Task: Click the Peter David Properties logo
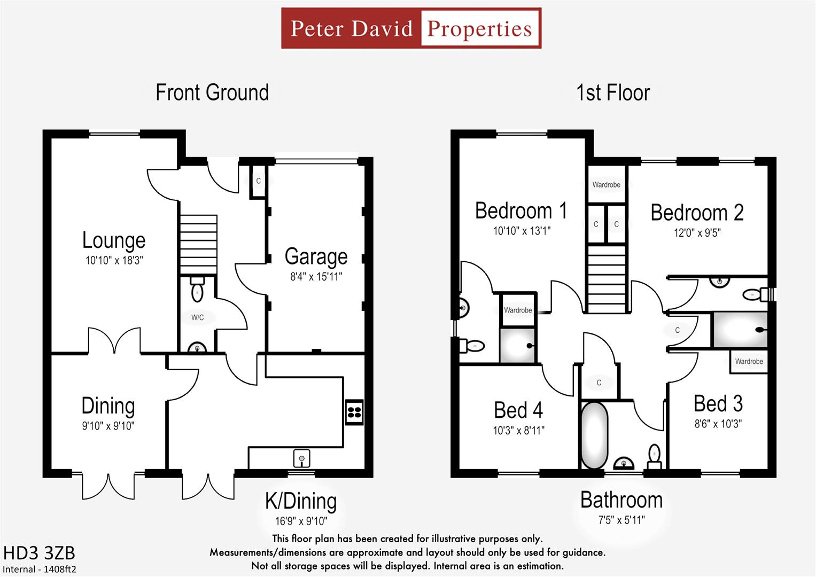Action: click(411, 28)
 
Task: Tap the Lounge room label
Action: click(114, 240)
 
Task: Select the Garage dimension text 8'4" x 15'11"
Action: click(316, 277)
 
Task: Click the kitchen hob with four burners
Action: click(354, 412)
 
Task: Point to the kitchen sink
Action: click(302, 458)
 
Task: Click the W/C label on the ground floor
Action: click(198, 317)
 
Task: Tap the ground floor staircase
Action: click(198, 244)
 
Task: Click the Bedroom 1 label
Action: click(521, 211)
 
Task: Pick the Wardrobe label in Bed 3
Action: click(749, 362)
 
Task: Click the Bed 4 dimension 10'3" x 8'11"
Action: click(518, 431)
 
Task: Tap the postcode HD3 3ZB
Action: click(39, 553)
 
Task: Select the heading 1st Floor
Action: click(613, 92)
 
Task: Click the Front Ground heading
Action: click(212, 92)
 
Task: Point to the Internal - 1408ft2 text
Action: click(40, 570)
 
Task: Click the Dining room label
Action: click(108, 406)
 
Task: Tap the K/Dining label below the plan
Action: click(301, 502)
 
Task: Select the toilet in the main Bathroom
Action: click(654, 455)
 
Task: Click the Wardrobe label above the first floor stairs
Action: click(606, 185)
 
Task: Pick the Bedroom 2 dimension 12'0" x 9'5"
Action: click(697, 233)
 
